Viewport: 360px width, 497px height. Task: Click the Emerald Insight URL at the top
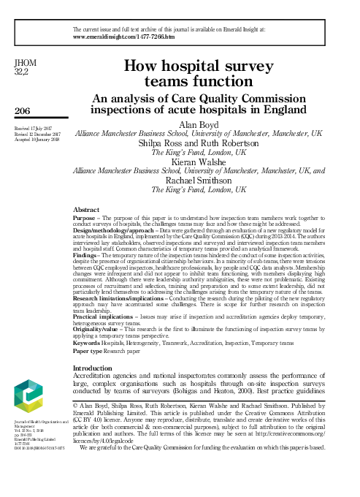pyautogui.click(x=124, y=35)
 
